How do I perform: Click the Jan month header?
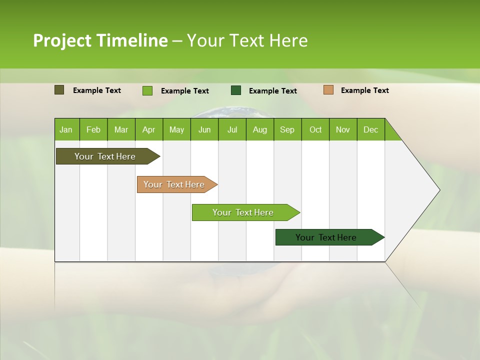coord(66,129)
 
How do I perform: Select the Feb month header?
coord(93,129)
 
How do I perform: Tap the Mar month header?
coord(121,129)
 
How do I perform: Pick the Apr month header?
coord(149,129)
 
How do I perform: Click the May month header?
coord(176,129)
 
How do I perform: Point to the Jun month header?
coord(204,129)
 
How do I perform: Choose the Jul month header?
coord(232,129)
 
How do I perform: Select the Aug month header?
coord(260,129)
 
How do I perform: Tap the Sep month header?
coord(287,129)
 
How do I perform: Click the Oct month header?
coord(315,129)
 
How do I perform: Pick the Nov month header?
coord(343,129)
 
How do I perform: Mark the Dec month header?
coord(371,129)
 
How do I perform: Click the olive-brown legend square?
coord(59,90)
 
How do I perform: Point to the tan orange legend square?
coord(328,90)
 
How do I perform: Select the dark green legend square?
coord(236,90)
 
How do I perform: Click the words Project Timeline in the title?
coord(100,40)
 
